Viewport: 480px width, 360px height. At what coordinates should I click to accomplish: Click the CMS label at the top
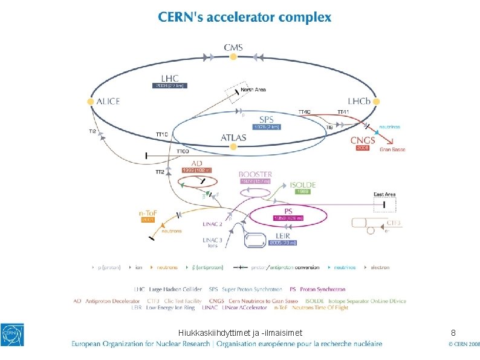pyautogui.click(x=234, y=47)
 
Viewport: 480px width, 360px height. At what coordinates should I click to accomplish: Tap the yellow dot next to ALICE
pyautogui.click(x=91, y=102)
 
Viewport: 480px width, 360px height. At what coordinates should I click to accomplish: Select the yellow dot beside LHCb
pyautogui.click(x=376, y=102)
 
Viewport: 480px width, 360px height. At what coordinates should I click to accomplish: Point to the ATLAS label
pyautogui.click(x=233, y=137)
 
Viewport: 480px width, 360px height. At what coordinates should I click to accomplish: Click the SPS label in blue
pyautogui.click(x=266, y=119)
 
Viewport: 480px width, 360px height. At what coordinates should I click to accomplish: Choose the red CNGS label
pyautogui.click(x=363, y=140)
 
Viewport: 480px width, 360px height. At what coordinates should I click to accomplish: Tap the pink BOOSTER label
pyautogui.click(x=255, y=174)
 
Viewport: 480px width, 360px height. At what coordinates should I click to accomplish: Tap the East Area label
pyautogui.click(x=384, y=194)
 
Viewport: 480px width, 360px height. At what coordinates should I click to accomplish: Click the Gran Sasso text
pyautogui.click(x=392, y=149)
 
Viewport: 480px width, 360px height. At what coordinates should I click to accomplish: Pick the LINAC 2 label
pyautogui.click(x=212, y=224)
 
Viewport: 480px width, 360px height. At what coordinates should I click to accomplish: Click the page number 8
pyautogui.click(x=453, y=332)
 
